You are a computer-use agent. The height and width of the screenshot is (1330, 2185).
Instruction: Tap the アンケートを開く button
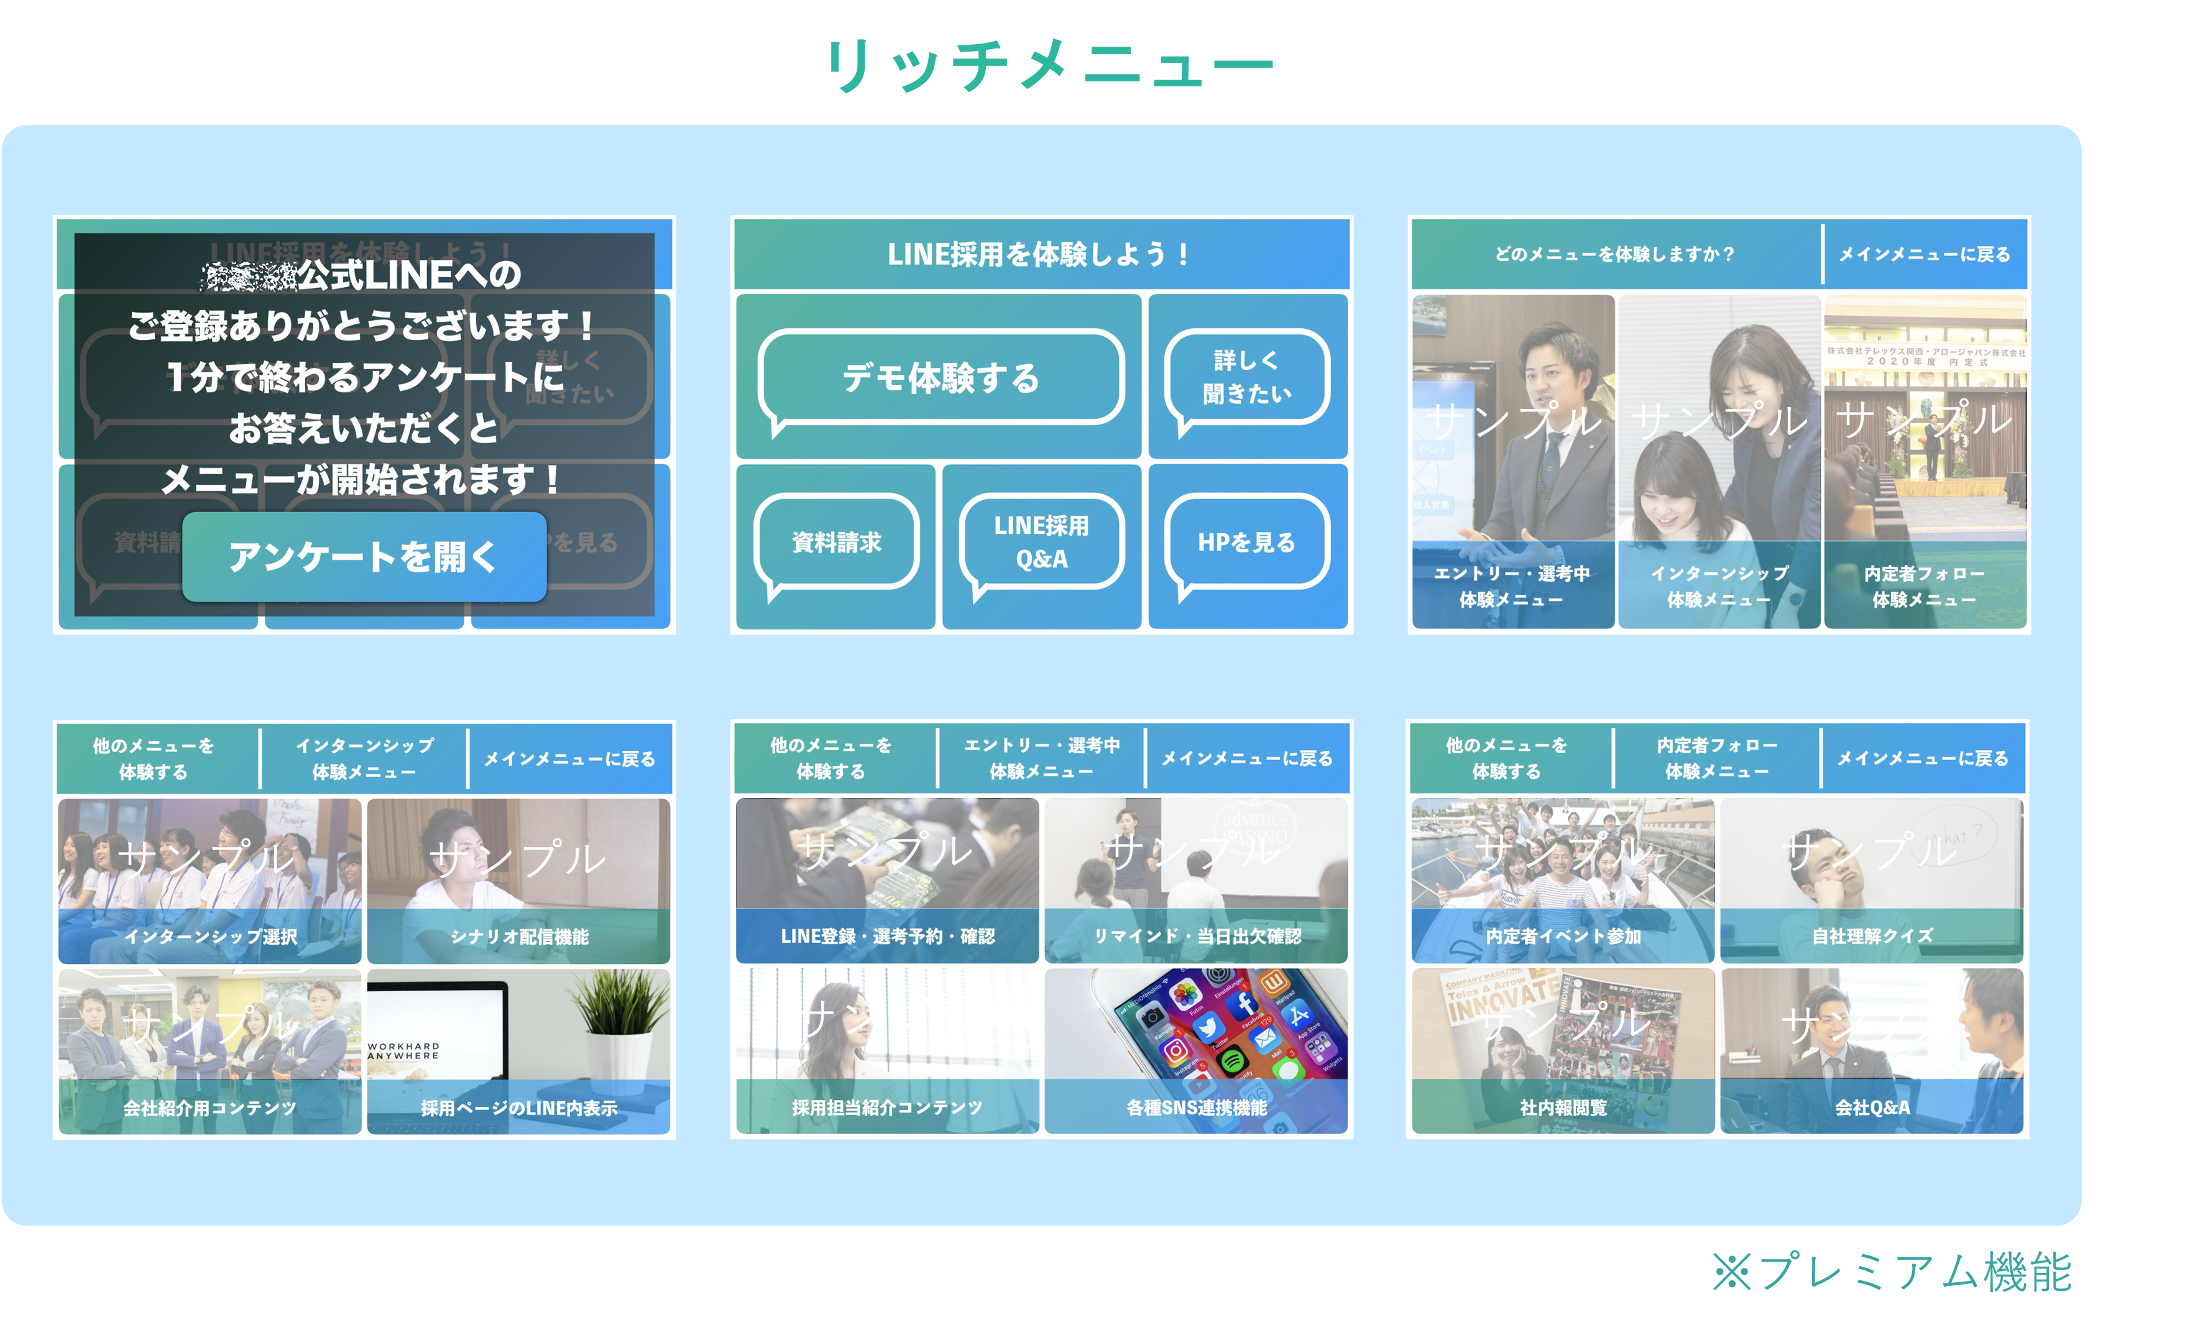pos(364,557)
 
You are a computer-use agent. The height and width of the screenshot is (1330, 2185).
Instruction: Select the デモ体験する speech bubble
pos(941,378)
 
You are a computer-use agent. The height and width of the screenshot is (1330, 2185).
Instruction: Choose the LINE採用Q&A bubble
pos(1041,542)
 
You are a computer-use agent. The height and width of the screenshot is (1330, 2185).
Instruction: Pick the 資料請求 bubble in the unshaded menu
pos(836,542)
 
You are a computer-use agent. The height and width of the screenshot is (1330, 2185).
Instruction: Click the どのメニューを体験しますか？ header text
pos(1614,254)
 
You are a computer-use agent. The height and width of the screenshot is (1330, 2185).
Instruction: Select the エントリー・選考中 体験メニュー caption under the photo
pos(1512,586)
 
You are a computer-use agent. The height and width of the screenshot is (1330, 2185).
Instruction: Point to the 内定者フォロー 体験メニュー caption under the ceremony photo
pos(1925,586)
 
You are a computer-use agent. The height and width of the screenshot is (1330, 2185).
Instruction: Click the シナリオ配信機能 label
pos(520,937)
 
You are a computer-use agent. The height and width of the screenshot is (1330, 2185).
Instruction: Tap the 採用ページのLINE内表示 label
pos(520,1108)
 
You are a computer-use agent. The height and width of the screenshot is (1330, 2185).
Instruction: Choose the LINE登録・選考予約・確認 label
pos(888,937)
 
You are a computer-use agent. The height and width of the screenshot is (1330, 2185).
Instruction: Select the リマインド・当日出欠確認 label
pos(1197,937)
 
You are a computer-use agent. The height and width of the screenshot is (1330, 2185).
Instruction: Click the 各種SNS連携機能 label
pos(1197,1108)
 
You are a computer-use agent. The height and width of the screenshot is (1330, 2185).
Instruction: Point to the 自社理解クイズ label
pos(1872,937)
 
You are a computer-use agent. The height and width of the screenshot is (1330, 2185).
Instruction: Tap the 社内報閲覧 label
pos(1563,1108)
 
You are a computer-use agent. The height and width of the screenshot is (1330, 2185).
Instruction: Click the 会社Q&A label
pos(1872,1108)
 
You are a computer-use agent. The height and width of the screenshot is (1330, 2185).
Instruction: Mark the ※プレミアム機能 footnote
pos(1892,1272)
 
